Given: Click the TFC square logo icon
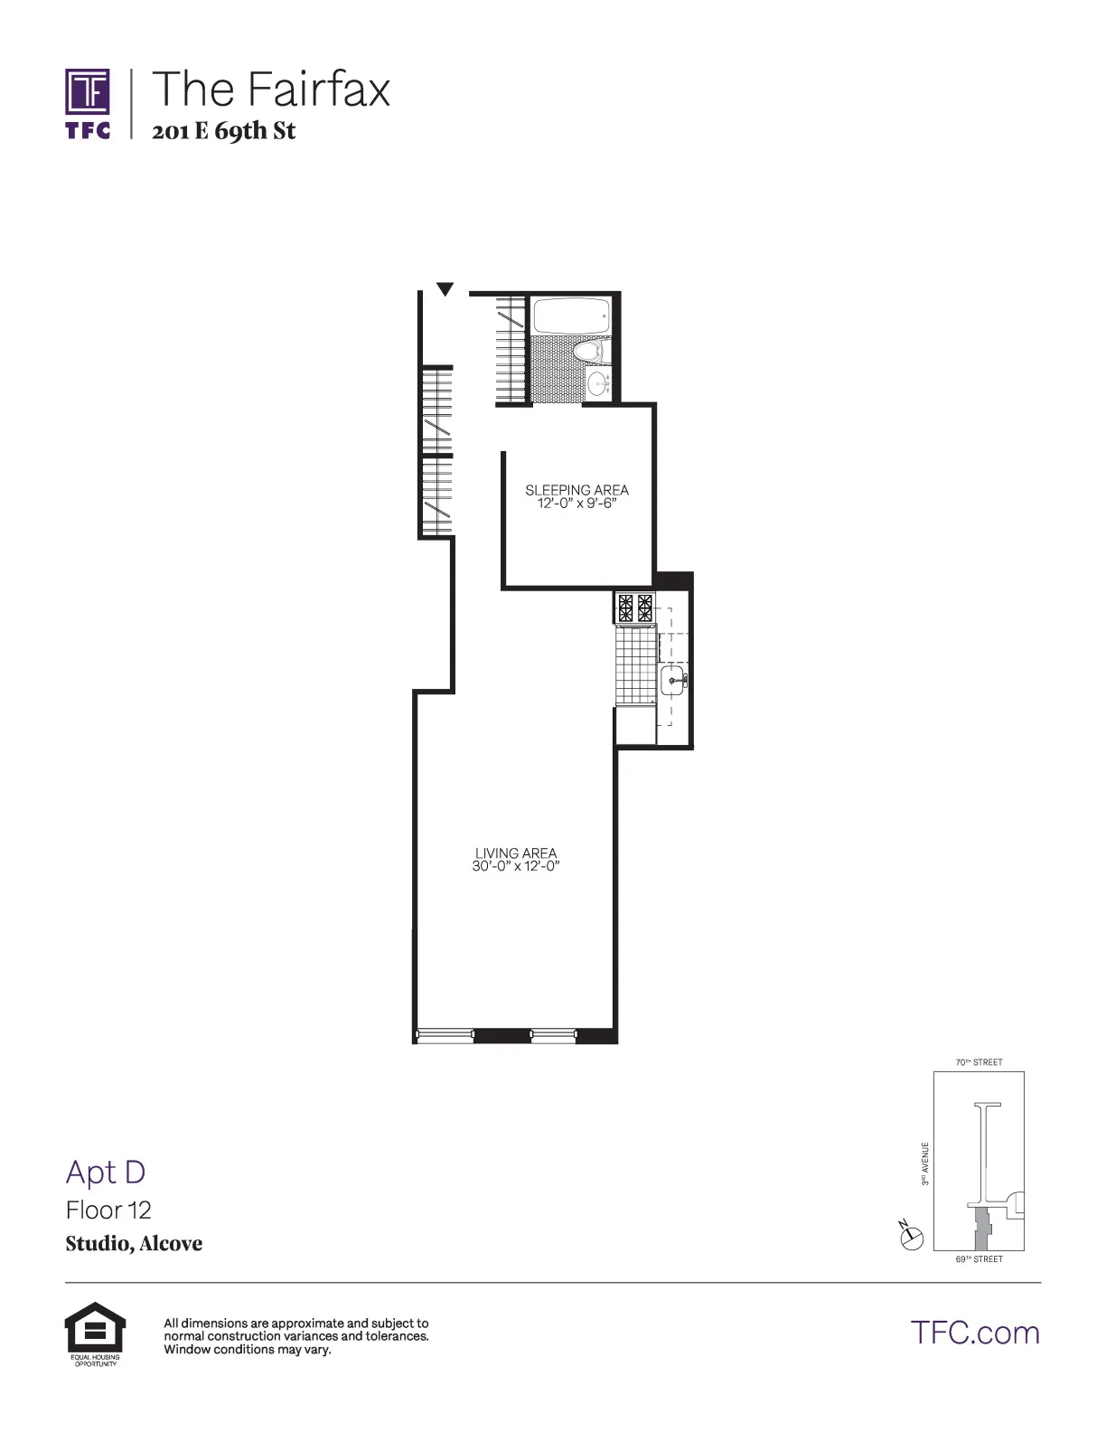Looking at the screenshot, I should coord(88,92).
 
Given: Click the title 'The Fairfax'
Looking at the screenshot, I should coord(271,89).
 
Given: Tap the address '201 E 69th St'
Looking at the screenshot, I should coord(224,131).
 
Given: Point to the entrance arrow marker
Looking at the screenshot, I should coord(445,289).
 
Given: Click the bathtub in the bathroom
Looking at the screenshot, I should coord(572,316).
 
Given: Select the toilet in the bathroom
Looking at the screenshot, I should coord(590,351).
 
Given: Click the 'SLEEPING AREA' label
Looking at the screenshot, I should coord(576,490).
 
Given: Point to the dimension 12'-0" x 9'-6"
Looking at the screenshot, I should coord(576,504).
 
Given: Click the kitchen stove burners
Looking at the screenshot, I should coord(634,607).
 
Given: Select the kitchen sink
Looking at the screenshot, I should coord(673,680).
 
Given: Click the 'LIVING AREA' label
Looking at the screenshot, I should coord(516,853).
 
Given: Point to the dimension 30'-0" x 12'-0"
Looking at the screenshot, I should coord(516,866).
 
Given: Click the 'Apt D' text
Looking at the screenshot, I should coord(106,1172).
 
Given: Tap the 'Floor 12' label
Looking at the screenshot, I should coord(108,1210).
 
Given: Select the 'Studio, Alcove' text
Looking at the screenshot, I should coord(134,1244).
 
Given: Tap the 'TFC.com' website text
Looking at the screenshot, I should coord(975,1333).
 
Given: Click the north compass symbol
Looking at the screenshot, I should coord(912,1236).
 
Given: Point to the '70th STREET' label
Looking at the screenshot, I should coord(979,1062).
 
